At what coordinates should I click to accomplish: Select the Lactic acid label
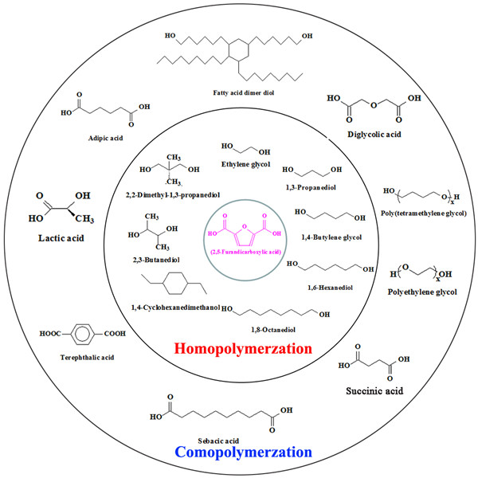pos(61,237)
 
